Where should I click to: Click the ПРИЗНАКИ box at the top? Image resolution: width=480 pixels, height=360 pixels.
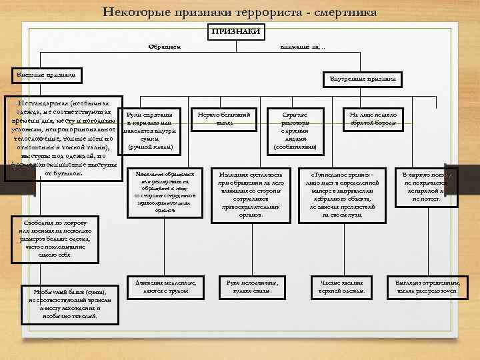pyautogui.click(x=236, y=31)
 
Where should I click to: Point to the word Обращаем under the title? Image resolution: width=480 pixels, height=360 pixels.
pyautogui.click(x=165, y=46)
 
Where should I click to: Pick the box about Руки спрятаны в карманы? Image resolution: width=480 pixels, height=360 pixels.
pyautogui.click(x=149, y=131)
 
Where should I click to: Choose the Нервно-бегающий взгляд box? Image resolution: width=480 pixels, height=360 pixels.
pyautogui.click(x=225, y=119)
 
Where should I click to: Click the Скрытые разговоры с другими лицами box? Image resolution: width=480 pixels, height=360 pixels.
pyautogui.click(x=294, y=131)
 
